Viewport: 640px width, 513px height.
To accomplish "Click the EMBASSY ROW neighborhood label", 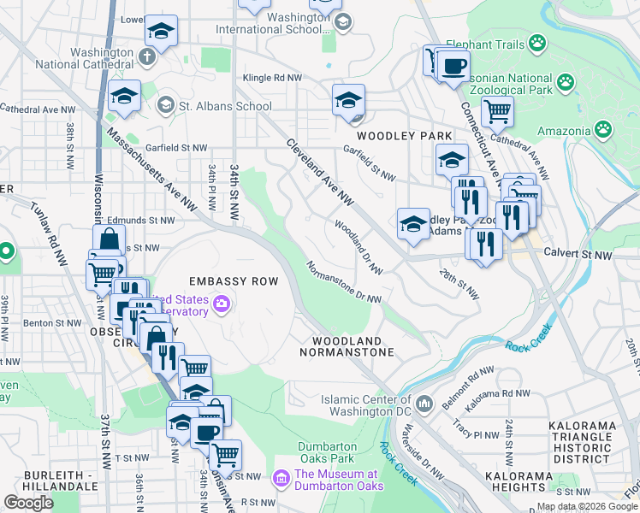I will [x=234, y=281].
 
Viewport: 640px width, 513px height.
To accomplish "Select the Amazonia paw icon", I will [x=603, y=130].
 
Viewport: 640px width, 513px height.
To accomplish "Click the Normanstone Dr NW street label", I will [x=343, y=281].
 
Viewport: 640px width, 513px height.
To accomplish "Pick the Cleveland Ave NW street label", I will [x=319, y=172].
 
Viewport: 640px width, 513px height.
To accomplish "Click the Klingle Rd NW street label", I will [x=273, y=78].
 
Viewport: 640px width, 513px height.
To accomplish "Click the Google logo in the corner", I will [x=28, y=503].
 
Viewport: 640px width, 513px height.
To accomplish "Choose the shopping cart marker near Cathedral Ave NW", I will [x=496, y=111].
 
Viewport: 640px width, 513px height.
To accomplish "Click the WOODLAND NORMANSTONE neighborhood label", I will [x=347, y=346].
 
